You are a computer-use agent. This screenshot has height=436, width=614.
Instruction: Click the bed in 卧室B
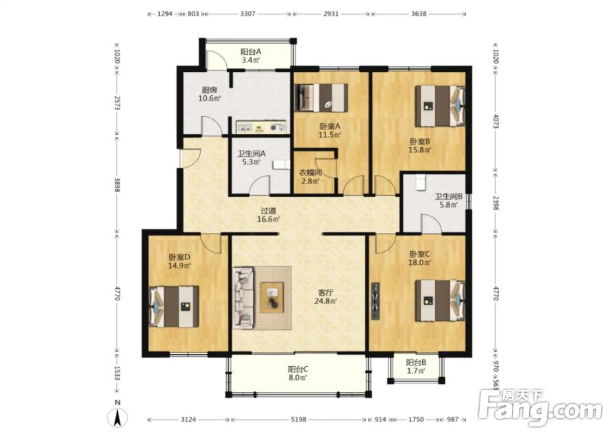(x=440, y=105)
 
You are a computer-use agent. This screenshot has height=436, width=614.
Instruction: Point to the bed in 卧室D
(x=174, y=307)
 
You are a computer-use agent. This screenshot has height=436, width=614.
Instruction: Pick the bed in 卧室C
(x=440, y=300)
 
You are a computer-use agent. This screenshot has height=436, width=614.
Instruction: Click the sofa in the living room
(x=243, y=298)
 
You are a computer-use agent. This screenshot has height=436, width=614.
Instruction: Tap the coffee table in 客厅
(x=273, y=297)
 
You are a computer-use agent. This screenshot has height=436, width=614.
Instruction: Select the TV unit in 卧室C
(x=376, y=301)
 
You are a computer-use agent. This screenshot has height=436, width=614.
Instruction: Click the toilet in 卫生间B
(x=421, y=183)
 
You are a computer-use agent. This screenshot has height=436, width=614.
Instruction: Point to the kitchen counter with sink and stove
(x=261, y=127)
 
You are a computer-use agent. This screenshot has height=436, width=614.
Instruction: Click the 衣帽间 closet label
(x=310, y=172)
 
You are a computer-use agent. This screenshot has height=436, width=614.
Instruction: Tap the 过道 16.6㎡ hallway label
(x=268, y=215)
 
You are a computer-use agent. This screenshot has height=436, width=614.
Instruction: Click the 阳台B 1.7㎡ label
(x=416, y=367)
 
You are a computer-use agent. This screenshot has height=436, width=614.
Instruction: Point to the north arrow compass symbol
(x=117, y=417)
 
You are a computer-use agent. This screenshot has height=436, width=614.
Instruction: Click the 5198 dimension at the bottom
(x=298, y=420)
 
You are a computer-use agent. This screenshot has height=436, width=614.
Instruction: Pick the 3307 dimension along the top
(x=247, y=14)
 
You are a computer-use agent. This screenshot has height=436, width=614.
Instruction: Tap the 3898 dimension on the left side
(x=116, y=185)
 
